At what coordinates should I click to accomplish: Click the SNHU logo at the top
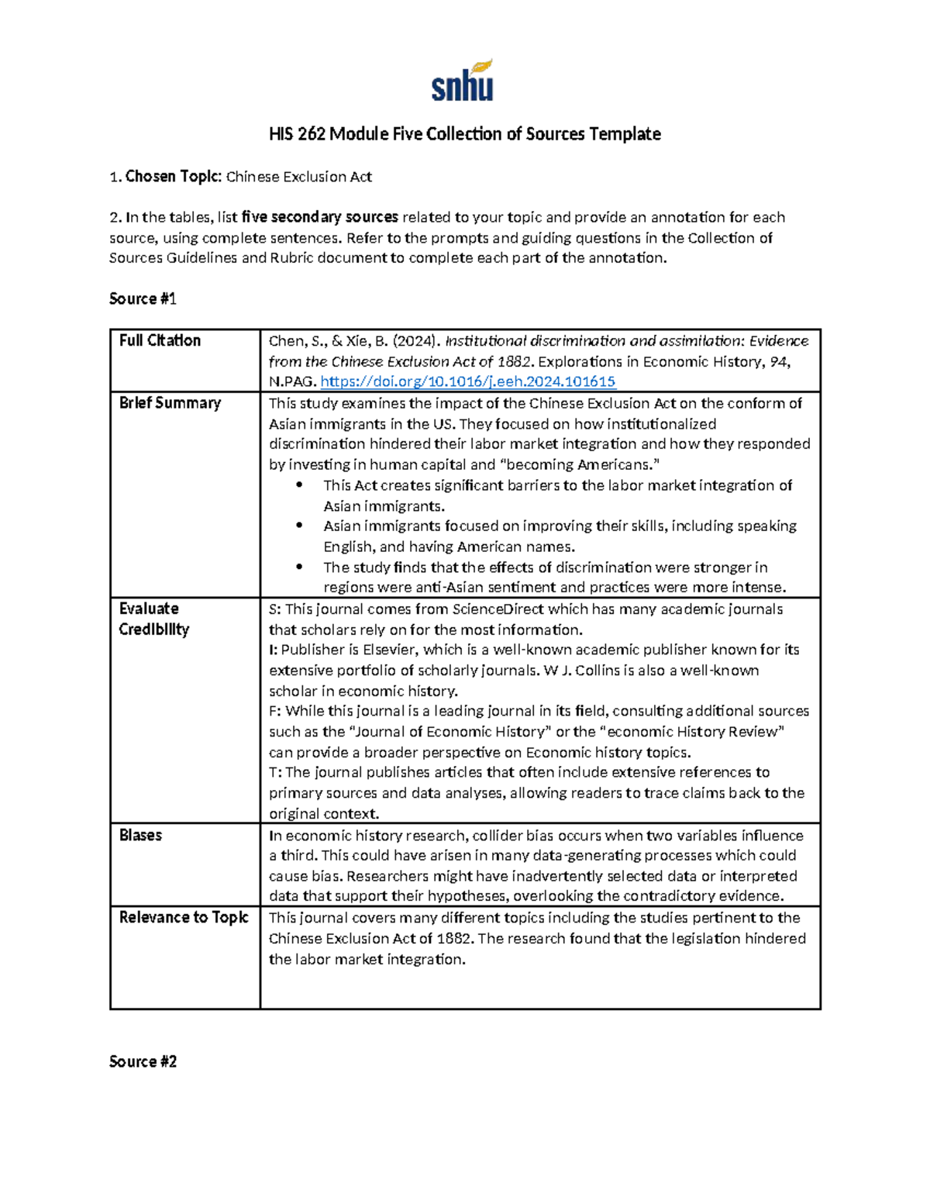(463, 81)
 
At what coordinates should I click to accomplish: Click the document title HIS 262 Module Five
(464, 134)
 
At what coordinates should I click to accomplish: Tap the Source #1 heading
(143, 298)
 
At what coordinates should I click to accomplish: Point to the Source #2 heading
(143, 1061)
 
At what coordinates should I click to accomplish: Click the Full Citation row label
(160, 340)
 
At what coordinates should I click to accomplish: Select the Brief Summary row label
(170, 403)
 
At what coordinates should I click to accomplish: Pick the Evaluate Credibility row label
(153, 619)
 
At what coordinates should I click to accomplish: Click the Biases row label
(140, 835)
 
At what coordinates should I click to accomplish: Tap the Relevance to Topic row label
(184, 917)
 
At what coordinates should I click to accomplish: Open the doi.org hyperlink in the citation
(467, 381)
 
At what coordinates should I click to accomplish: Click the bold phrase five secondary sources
(319, 217)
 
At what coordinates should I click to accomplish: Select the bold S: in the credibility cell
(274, 609)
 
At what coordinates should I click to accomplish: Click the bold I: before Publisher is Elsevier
(273, 650)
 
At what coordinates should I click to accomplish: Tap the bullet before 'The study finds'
(299, 567)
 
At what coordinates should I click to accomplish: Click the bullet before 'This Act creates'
(299, 485)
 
